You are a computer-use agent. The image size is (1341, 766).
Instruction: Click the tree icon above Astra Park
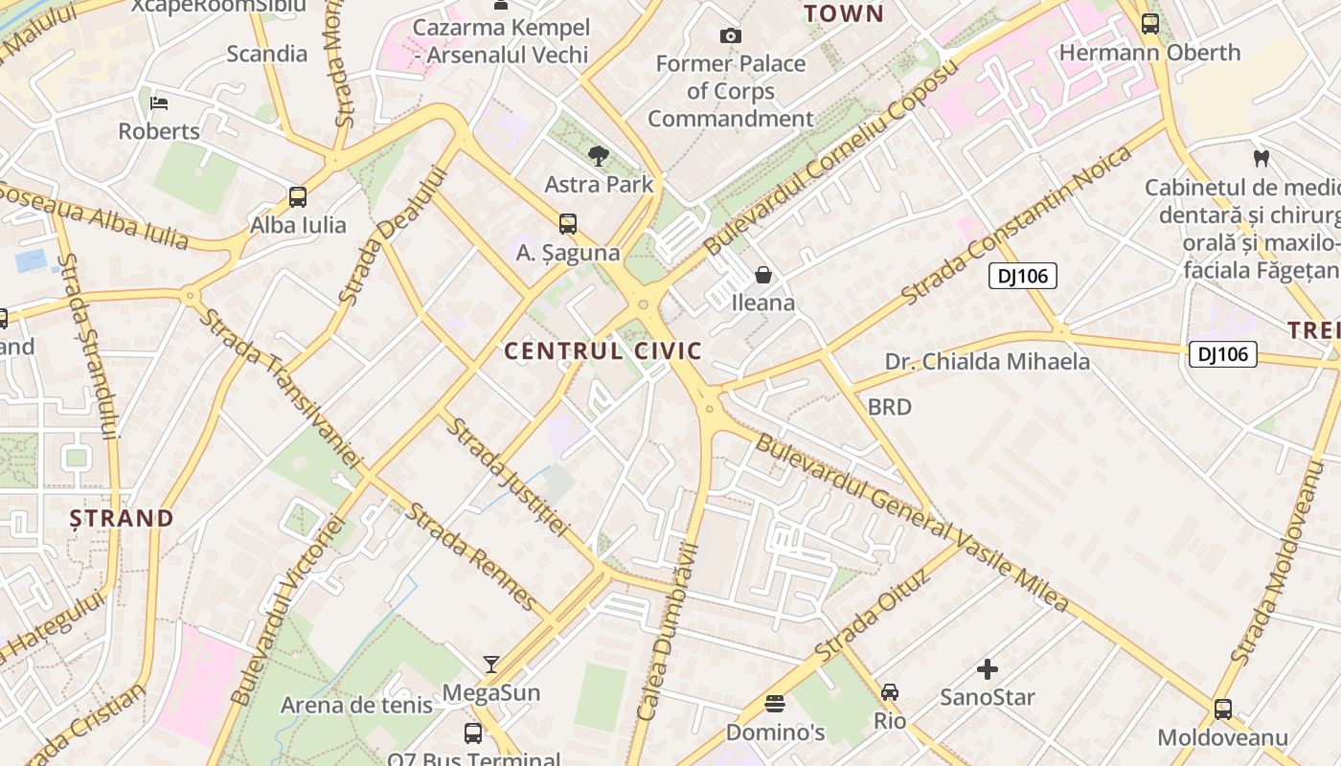(599, 155)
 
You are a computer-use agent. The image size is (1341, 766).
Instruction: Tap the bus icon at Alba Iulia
(298, 197)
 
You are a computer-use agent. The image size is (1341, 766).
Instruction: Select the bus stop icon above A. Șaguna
(568, 224)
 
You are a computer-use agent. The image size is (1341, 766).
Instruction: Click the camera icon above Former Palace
(731, 35)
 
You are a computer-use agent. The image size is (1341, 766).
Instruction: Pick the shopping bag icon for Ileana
(763, 275)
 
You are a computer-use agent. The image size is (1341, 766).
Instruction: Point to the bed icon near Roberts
(159, 102)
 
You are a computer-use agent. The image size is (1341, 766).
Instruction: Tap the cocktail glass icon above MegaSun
(491, 664)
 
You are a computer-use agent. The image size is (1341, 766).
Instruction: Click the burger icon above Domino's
(775, 704)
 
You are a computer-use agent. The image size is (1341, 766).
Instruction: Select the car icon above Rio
(890, 691)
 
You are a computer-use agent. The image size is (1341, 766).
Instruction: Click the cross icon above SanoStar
(988, 668)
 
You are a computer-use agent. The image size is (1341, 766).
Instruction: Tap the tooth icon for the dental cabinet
(1261, 158)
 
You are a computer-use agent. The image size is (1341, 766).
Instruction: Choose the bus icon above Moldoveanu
(1223, 710)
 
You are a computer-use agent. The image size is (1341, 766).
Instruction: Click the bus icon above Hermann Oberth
(1150, 24)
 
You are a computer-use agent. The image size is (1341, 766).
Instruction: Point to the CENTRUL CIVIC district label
(603, 351)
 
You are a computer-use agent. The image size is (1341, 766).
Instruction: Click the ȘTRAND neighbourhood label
(122, 519)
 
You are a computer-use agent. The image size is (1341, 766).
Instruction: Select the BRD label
(889, 407)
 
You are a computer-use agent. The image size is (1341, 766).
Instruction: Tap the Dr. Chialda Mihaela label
(988, 361)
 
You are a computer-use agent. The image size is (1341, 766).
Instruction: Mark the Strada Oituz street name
(873, 616)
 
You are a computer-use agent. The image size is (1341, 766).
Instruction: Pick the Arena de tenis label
(356, 706)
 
